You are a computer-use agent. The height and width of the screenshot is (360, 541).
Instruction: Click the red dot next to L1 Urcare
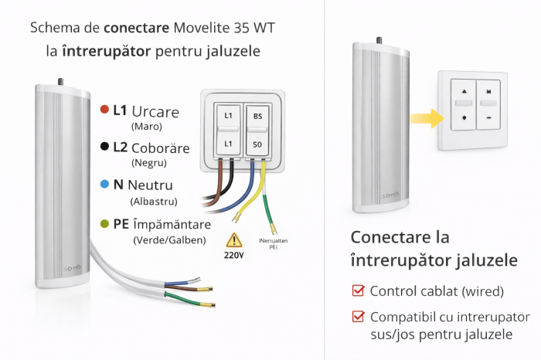pos(104,110)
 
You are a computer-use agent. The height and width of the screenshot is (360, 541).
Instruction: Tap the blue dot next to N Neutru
pos(104,185)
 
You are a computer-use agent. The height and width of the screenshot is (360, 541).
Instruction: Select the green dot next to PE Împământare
pos(104,224)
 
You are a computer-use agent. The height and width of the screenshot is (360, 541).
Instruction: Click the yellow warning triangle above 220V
pos(234,239)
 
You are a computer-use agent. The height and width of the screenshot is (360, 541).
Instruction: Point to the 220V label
pos(234,254)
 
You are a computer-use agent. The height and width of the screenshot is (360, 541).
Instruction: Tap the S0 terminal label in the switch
pos(257,144)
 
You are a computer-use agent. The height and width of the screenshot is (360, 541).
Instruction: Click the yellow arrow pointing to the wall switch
pos(421,118)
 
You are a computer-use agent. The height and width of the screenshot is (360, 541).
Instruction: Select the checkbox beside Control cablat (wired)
pos(357,291)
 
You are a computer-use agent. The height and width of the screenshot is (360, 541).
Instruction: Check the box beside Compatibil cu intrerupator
pos(357,317)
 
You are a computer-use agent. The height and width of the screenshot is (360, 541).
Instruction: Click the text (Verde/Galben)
pos(169,240)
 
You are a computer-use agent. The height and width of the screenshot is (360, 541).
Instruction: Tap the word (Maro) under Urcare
pos(147,125)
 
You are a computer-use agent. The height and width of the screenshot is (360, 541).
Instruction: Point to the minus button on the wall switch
pos(489,118)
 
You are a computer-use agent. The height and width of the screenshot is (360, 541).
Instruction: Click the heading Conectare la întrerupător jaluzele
pos(434,249)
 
